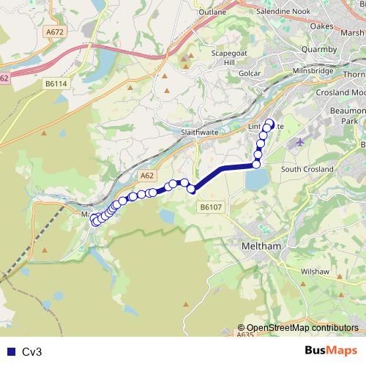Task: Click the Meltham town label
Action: pyautogui.click(x=261, y=247)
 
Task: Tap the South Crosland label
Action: pyautogui.click(x=307, y=169)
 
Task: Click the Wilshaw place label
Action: pyautogui.click(x=315, y=271)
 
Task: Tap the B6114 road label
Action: pyautogui.click(x=56, y=84)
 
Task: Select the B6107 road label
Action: pyautogui.click(x=210, y=208)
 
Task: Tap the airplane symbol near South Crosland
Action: pyautogui.click(x=300, y=141)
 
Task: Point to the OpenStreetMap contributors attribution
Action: pyautogui.click(x=302, y=328)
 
